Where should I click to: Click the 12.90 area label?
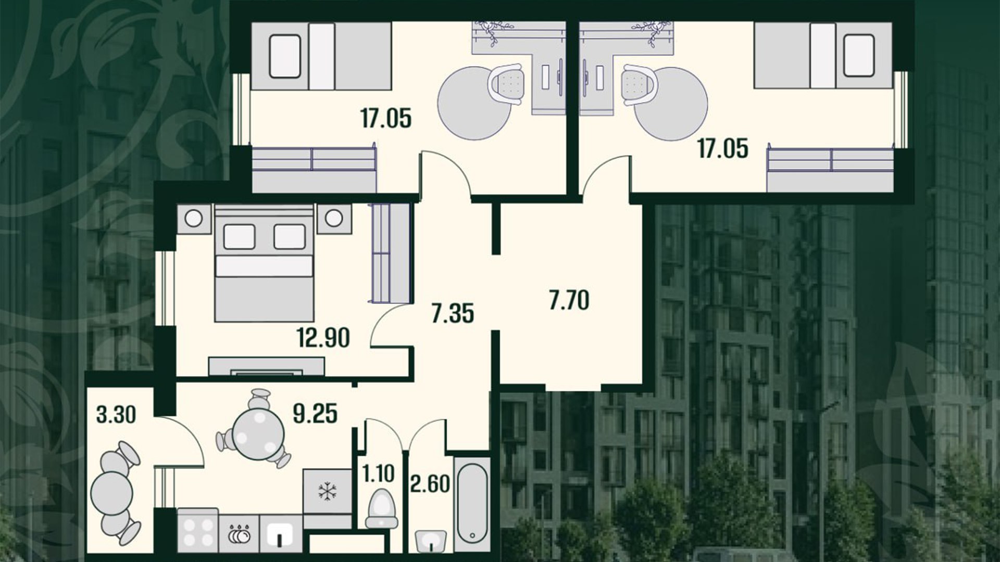[x=323, y=338]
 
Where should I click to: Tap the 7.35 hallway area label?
[x=453, y=314]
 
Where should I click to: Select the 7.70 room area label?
[x=569, y=301]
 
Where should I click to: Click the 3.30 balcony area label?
[x=116, y=415]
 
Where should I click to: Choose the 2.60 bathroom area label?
[x=430, y=483]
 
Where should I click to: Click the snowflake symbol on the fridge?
[x=328, y=490]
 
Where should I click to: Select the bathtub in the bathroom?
[x=472, y=504]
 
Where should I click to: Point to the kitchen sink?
[x=281, y=535]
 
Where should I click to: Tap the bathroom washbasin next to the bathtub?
[x=431, y=541]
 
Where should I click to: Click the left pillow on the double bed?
[x=239, y=237]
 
